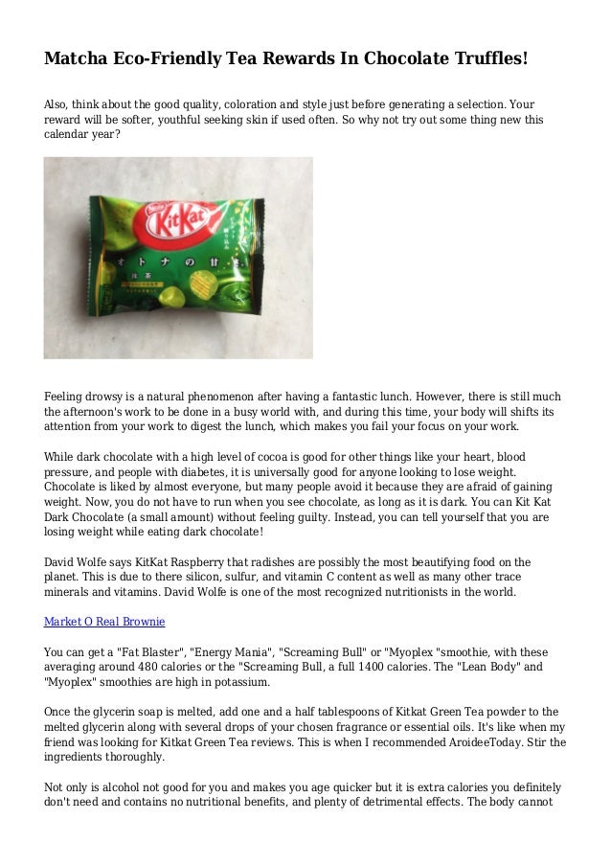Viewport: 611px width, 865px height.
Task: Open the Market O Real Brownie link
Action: click(x=104, y=622)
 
